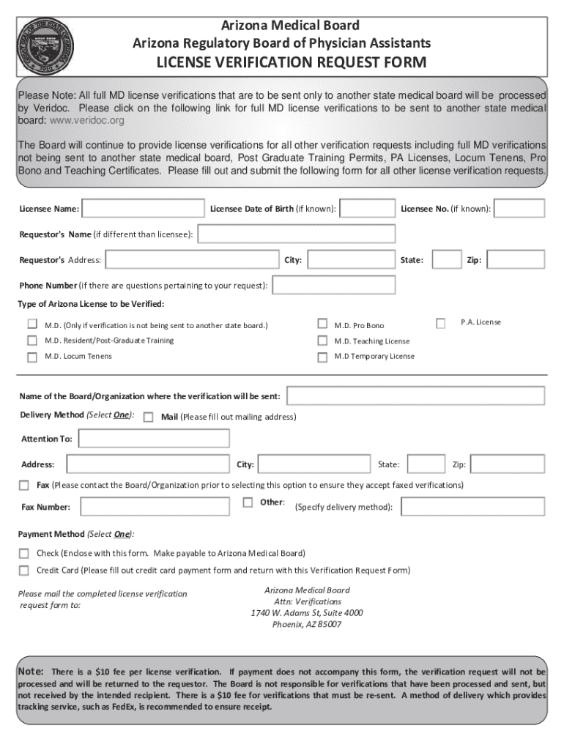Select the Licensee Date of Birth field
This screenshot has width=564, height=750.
(x=368, y=209)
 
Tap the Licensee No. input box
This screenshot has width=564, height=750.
(x=520, y=209)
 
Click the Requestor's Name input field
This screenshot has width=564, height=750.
(x=297, y=234)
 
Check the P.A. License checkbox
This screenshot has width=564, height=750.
(x=440, y=323)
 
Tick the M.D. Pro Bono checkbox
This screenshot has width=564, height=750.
(x=322, y=324)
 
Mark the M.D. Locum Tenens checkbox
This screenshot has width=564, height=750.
(x=32, y=357)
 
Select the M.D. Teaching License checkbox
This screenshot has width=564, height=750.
(x=322, y=341)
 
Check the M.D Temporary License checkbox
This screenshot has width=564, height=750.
(x=322, y=357)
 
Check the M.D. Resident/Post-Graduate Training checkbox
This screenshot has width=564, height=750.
(x=32, y=341)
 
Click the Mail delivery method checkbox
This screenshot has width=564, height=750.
(x=148, y=417)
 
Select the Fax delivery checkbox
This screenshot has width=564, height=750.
(x=23, y=485)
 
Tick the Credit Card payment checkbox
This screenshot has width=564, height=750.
(x=23, y=571)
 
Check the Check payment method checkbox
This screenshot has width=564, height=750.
(x=23, y=553)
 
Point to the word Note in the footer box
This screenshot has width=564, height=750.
(x=31, y=672)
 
